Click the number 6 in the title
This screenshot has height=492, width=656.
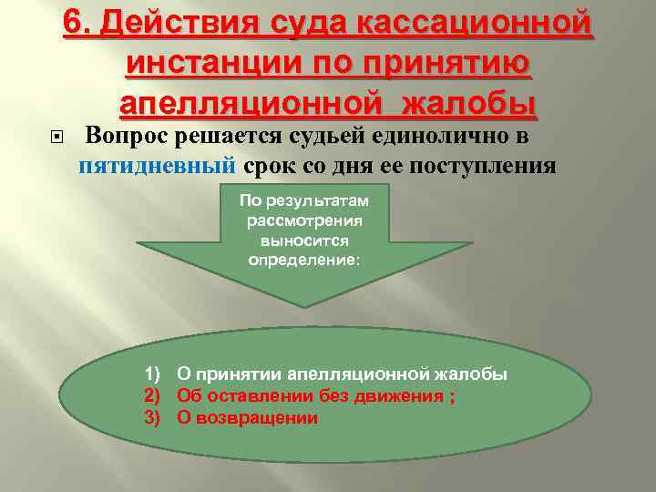click(x=73, y=22)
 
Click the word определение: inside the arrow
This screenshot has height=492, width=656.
click(x=304, y=260)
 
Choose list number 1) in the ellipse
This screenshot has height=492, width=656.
click(x=153, y=374)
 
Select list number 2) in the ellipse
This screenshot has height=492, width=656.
click(x=153, y=396)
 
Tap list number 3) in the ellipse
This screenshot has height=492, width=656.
click(x=153, y=418)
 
